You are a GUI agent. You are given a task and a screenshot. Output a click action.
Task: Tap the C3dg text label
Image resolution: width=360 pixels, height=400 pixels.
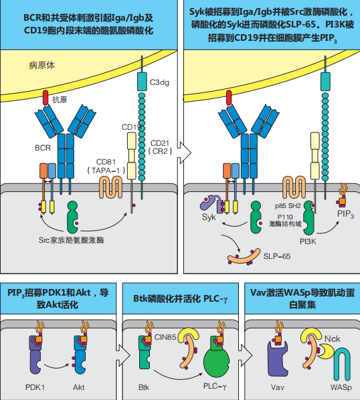point(159,82)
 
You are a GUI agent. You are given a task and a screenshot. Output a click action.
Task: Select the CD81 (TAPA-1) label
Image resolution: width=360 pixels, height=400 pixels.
point(106,167)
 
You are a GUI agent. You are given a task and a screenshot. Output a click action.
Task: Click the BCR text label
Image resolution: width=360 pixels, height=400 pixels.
point(43,148)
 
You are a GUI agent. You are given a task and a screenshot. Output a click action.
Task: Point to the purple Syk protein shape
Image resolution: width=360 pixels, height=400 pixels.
point(211,203)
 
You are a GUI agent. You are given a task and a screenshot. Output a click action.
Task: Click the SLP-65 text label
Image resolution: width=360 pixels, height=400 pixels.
point(277,256)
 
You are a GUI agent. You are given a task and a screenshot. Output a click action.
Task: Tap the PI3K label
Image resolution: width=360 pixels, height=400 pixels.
point(308,241)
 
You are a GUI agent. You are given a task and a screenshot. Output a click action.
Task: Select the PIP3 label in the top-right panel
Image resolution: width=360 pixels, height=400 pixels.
point(345,214)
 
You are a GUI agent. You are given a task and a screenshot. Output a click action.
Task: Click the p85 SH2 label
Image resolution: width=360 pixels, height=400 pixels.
point(288,205)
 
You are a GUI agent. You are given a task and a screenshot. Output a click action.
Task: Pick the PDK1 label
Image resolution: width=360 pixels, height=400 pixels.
point(35,387)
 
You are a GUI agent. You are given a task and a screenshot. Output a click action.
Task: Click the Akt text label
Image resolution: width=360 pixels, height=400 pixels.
point(78,387)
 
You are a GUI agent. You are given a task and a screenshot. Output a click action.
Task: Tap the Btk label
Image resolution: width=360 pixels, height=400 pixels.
point(144,387)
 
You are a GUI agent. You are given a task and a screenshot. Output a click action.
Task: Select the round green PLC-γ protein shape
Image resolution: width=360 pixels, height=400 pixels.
point(216,360)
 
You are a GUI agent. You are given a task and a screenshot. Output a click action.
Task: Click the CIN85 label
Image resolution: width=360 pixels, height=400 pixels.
point(165,337)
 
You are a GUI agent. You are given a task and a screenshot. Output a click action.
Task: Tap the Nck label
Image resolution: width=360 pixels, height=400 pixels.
point(332,338)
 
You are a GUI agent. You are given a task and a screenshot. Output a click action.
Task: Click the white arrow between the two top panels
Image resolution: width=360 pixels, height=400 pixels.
point(185,153)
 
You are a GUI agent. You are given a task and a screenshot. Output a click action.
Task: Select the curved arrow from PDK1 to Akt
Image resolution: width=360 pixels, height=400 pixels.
point(56,367)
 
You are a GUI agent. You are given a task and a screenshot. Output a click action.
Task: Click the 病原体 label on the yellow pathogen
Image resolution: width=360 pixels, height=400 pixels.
point(41,66)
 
